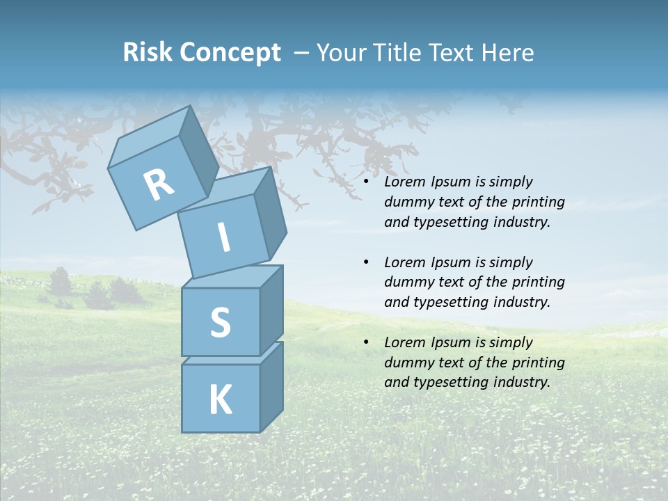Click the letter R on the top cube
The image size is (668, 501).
click(159, 184)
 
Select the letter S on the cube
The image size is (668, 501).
click(221, 323)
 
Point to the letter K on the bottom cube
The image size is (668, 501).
click(220, 400)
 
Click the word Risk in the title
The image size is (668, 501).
click(148, 52)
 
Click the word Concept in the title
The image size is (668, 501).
click(230, 52)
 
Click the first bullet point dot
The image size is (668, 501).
click(367, 182)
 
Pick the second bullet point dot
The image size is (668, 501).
click(367, 262)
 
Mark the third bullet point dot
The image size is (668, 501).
click(367, 342)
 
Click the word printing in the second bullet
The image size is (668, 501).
click(538, 283)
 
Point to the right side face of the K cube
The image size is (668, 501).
click(271, 386)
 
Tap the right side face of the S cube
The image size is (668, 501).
click(271, 310)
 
